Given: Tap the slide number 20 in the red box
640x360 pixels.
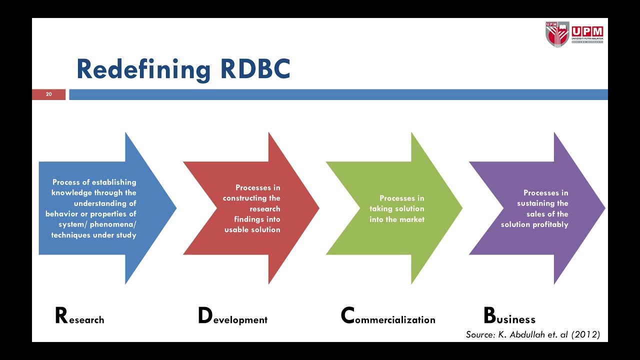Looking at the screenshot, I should click(48, 94).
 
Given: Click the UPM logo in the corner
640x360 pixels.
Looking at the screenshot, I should click(574, 34).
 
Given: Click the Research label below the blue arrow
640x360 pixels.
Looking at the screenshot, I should click(79, 317).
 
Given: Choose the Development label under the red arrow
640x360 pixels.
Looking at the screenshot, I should click(232, 317).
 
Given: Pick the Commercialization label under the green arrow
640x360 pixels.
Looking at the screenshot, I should click(388, 317).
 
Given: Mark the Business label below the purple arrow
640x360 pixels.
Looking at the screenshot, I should click(509, 317).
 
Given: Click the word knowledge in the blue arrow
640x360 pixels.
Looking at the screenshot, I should click(69, 193).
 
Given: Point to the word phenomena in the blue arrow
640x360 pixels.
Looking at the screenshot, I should click(112, 224).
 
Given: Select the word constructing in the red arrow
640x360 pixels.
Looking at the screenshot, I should click(245, 198).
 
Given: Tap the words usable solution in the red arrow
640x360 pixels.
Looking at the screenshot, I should click(252, 230).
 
